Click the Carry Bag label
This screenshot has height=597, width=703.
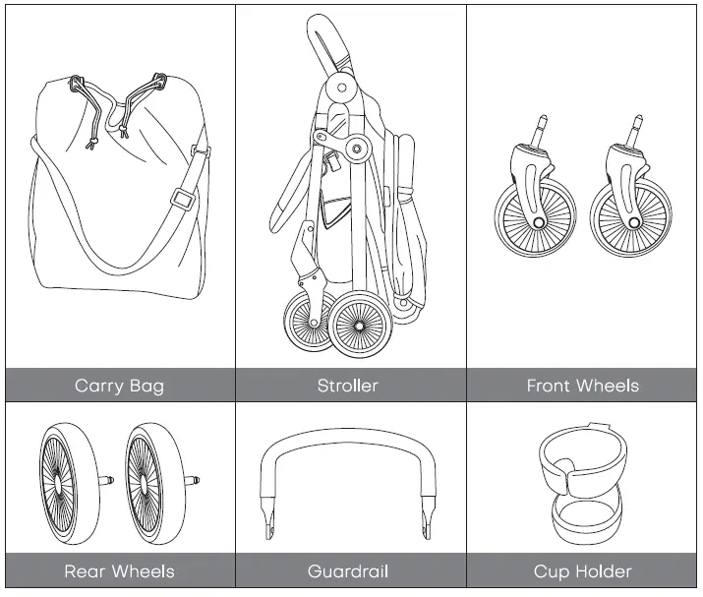pyautogui.click(x=119, y=386)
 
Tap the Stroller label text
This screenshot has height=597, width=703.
pyautogui.click(x=347, y=386)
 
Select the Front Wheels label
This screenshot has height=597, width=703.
pyautogui.click(x=582, y=386)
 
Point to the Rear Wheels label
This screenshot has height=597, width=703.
pyautogui.click(x=119, y=571)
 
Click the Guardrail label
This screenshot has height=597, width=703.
pyautogui.click(x=347, y=571)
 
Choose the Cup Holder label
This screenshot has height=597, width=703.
pyautogui.click(x=582, y=571)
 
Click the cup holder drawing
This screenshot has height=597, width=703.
pyautogui.click(x=582, y=482)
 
